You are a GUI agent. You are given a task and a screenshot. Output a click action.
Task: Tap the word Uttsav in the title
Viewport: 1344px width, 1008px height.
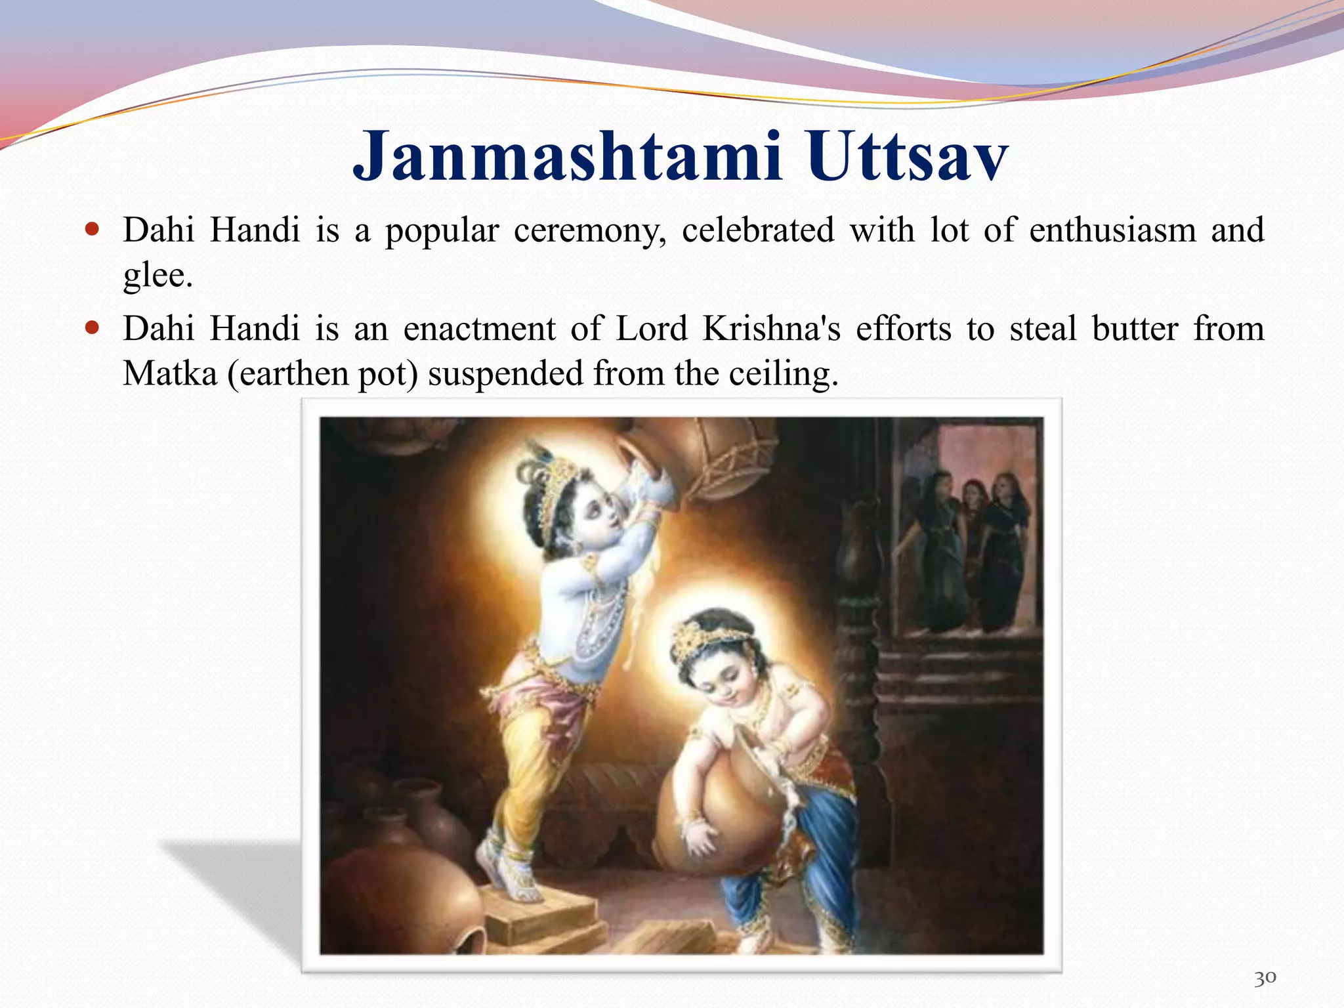point(908,157)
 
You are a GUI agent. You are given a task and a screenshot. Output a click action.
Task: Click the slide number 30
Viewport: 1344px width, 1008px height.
point(1265,978)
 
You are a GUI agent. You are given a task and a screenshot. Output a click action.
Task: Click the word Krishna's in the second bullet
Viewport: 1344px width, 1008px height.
point(771,329)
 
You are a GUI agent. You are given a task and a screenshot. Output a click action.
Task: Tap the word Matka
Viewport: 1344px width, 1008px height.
point(170,374)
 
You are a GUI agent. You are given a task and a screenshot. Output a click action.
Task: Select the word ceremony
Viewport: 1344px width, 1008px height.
point(589,231)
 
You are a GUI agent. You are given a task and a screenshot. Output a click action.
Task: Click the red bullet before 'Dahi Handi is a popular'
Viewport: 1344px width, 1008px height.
point(92,230)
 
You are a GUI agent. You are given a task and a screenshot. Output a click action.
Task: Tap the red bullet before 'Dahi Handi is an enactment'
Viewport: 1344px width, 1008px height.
point(92,327)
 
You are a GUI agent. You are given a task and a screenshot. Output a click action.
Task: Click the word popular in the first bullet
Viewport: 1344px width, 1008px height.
point(442,231)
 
